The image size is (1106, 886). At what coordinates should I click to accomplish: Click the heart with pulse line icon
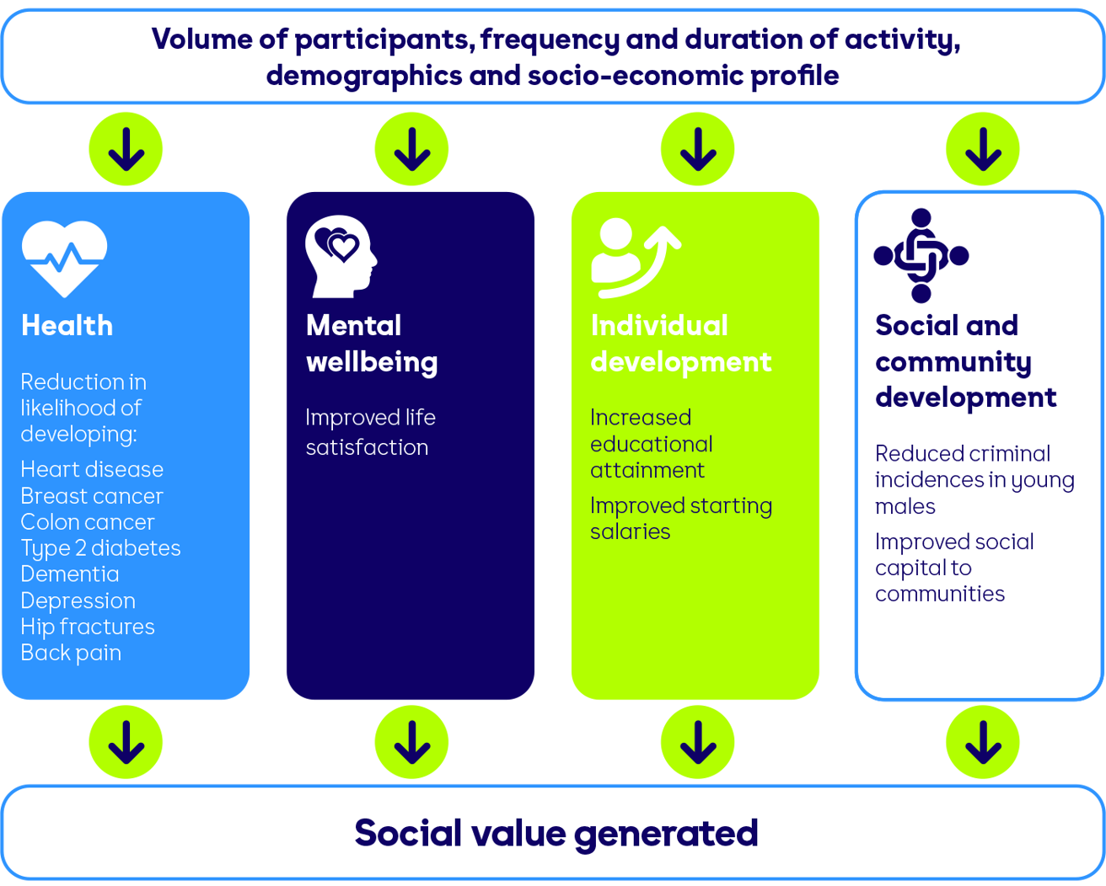coord(64,259)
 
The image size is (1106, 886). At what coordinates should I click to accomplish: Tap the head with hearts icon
coord(341,256)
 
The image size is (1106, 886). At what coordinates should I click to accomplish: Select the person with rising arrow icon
coord(636,259)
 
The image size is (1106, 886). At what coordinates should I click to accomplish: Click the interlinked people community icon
coord(921,256)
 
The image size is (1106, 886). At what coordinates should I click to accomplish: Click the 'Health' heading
coord(67,326)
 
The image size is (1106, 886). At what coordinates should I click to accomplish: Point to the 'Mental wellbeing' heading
coord(372,344)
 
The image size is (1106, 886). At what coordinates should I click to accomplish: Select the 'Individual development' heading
coord(681,344)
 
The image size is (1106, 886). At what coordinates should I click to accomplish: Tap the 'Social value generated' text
coord(556,833)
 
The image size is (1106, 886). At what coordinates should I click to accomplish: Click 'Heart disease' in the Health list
coord(92,469)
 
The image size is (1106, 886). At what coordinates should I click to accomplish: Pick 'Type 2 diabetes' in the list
coord(100,548)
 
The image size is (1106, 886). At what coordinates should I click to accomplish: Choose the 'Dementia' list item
coord(70,574)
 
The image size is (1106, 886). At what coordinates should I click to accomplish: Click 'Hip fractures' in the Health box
coord(88,627)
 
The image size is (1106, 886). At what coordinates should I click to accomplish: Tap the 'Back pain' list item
coord(71,654)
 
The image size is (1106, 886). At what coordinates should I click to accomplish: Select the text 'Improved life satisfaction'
coord(371,432)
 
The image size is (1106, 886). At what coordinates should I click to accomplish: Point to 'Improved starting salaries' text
coord(681,519)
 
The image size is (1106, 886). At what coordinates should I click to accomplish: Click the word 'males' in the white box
coord(905,507)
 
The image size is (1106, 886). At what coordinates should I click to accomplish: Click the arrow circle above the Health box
coord(126,149)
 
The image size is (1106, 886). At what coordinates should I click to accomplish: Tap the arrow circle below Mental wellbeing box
coord(411,742)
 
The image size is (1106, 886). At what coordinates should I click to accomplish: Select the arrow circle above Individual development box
coord(697,149)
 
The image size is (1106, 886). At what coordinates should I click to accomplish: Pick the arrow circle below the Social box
coord(983,742)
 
